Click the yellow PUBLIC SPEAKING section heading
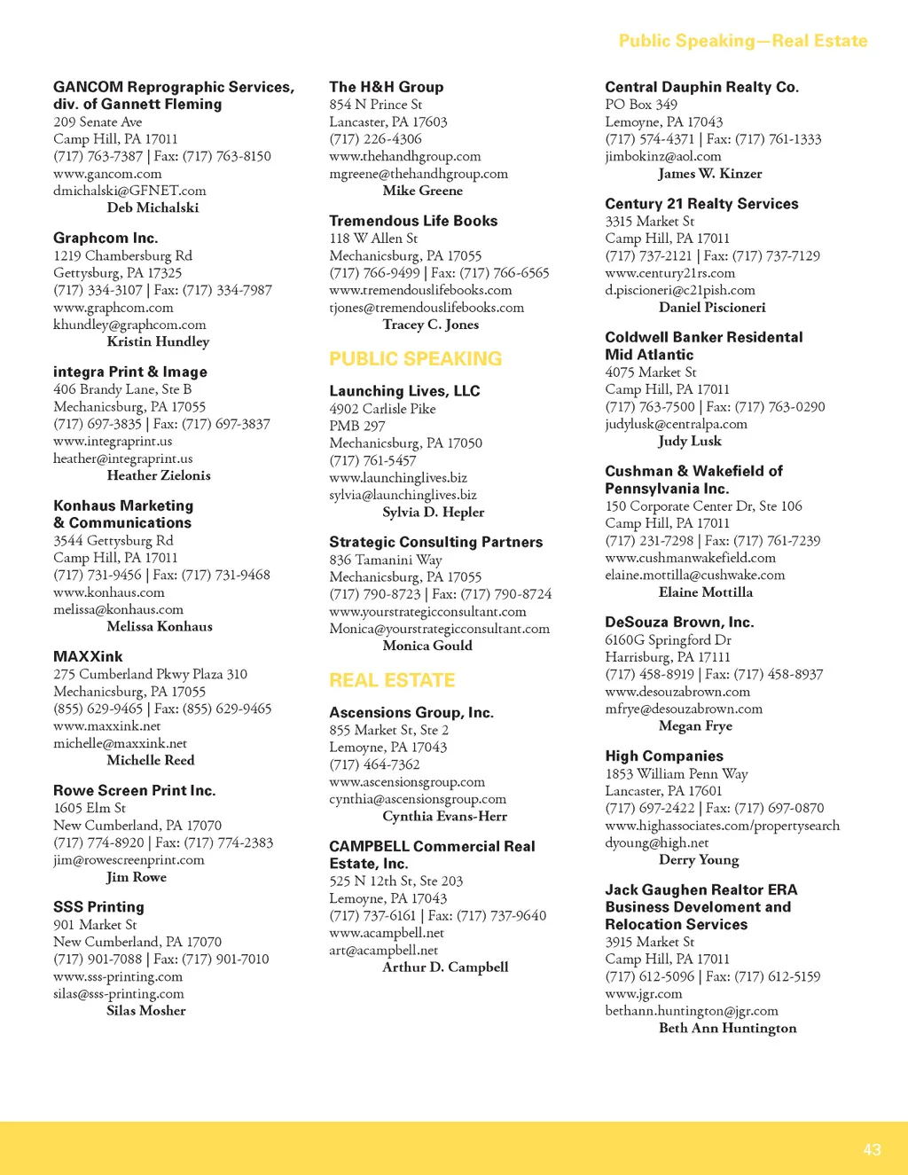[x=415, y=359]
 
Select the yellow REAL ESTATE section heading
[x=392, y=680]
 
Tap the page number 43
[x=872, y=1149]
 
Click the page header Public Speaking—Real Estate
[x=742, y=41]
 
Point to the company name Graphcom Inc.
[x=106, y=238]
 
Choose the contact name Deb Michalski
[x=153, y=208]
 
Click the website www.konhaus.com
[x=108, y=592]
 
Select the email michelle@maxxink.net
[x=120, y=743]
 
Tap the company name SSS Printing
[x=98, y=906]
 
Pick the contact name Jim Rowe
[x=137, y=877]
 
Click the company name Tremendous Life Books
[x=413, y=221]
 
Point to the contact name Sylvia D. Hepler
[x=433, y=512]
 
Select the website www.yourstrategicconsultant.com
[x=427, y=612]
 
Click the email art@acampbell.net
[x=383, y=950]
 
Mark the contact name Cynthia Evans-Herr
[x=444, y=816]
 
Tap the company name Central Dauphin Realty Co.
[x=701, y=87]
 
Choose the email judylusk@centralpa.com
[x=676, y=424]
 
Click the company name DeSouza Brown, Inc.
[x=679, y=622]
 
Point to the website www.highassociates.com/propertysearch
[x=722, y=826]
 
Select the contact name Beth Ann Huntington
[x=727, y=1028]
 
